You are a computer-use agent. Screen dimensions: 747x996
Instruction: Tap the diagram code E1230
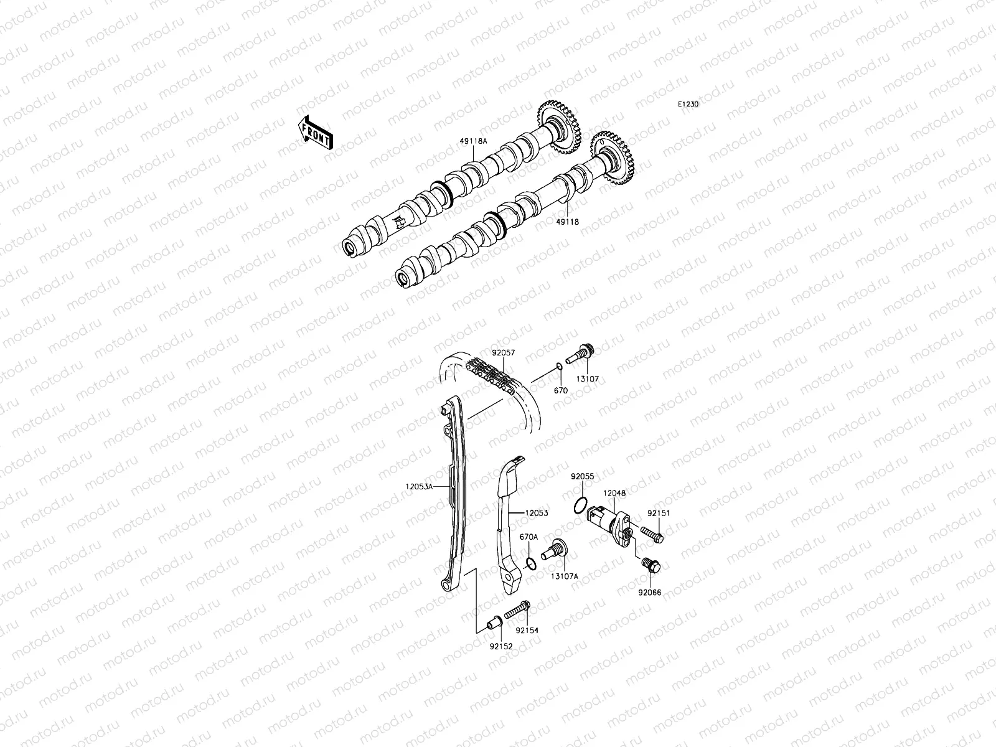click(x=688, y=105)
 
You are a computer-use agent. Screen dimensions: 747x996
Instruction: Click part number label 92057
click(x=504, y=352)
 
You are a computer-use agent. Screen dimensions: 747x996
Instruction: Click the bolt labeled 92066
click(x=651, y=565)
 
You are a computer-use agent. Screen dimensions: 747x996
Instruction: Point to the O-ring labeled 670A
click(x=530, y=564)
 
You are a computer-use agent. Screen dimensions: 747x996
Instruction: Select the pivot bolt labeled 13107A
click(x=555, y=550)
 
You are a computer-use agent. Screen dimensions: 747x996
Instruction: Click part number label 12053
click(x=536, y=514)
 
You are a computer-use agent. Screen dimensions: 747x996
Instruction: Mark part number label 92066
click(x=649, y=593)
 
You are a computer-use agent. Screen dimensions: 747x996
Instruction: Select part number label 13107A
click(x=564, y=576)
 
